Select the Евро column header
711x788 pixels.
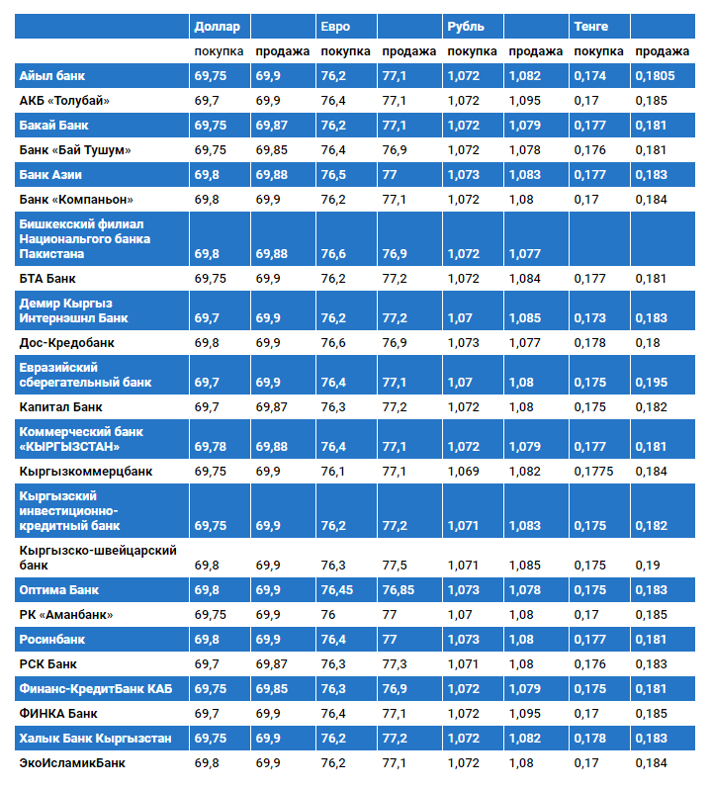coord(335,27)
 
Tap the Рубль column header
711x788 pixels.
coord(465,27)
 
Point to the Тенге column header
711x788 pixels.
coord(591,27)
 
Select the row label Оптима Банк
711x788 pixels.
coord(59,590)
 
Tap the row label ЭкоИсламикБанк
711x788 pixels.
coord(72,763)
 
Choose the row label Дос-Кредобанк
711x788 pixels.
coord(67,343)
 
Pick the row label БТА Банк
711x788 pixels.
coord(47,279)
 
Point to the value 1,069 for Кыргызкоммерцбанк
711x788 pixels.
coord(463,472)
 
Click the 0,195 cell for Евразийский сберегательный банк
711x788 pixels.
coord(649,383)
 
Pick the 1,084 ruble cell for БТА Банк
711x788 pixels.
coord(525,279)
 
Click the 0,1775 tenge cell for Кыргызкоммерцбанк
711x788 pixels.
coord(593,472)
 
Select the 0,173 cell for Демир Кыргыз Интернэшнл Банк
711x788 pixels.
coord(589,318)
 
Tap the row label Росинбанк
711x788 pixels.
coord(54,640)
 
